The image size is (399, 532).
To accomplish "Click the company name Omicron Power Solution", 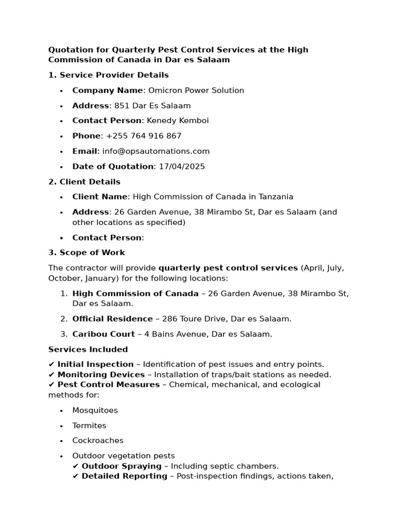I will (x=196, y=90).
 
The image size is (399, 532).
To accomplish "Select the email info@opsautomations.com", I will (x=156, y=151).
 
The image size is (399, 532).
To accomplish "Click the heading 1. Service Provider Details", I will (x=108, y=75).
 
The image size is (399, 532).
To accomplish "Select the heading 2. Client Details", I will (x=84, y=182).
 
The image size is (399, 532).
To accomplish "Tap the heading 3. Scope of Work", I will (x=86, y=252).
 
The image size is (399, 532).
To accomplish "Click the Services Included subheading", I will (x=88, y=350).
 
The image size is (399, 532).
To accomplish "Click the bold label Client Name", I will (x=99, y=197).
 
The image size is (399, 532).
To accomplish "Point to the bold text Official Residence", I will (x=112, y=319).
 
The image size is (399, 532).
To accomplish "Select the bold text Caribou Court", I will (x=103, y=334).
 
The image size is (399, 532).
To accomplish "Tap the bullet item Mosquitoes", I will (x=95, y=410).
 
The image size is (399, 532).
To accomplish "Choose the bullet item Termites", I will (x=89, y=425).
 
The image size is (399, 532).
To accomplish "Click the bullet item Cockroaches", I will (x=98, y=441).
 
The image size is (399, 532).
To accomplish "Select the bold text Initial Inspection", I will (x=95, y=365).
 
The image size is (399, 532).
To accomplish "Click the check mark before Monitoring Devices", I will (x=51, y=375).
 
